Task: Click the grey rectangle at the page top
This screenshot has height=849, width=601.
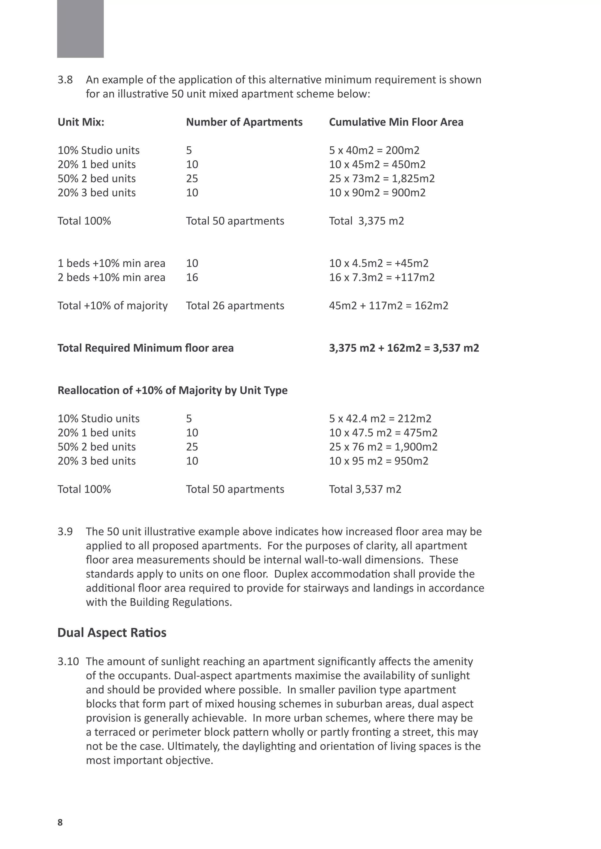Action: pyautogui.click(x=80, y=29)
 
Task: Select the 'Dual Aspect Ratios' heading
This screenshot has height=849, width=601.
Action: pyautogui.click(x=112, y=632)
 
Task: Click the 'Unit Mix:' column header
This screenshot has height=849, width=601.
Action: pyautogui.click(x=81, y=122)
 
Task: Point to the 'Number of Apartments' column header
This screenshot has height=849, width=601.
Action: pyautogui.click(x=244, y=122)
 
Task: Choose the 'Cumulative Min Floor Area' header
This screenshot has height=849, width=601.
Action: pyautogui.click(x=396, y=122)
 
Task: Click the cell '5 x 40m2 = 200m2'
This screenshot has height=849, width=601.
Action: pyautogui.click(x=374, y=150)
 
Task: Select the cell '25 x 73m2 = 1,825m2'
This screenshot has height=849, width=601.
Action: pyautogui.click(x=382, y=179)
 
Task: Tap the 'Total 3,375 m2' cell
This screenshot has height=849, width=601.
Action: pyautogui.click(x=366, y=221)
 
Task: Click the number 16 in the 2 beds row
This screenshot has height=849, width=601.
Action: pyautogui.click(x=192, y=277)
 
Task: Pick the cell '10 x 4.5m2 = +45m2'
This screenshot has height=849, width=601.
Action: pyautogui.click(x=379, y=263)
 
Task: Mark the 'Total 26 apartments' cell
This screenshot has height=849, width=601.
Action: pyautogui.click(x=235, y=305)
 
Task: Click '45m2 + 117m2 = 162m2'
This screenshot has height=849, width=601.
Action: pyautogui.click(x=389, y=305)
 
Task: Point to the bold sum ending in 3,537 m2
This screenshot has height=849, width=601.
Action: pyautogui.click(x=404, y=348)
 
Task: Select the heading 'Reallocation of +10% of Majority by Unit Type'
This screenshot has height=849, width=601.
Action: pyautogui.click(x=173, y=390)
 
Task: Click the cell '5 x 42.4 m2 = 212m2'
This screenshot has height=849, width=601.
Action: pyautogui.click(x=380, y=419)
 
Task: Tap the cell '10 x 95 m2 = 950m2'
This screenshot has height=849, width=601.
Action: pyautogui.click(x=379, y=461)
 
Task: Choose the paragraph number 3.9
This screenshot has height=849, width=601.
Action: pyautogui.click(x=65, y=532)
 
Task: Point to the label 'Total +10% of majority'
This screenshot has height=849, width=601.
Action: pyautogui.click(x=112, y=305)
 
